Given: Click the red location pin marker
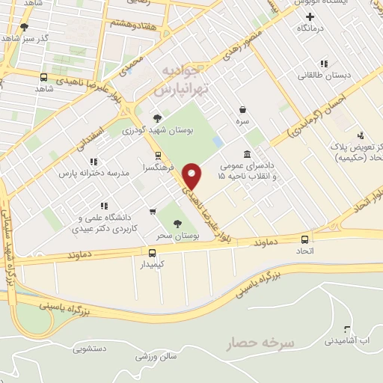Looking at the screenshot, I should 193,175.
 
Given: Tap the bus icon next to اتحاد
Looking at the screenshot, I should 304,239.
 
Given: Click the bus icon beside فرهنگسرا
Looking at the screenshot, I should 158,156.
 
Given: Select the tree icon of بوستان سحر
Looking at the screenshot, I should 177,223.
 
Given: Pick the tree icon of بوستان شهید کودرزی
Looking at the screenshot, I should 157,117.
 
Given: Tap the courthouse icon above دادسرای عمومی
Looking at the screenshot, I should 246,153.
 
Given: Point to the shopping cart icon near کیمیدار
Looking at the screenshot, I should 153,254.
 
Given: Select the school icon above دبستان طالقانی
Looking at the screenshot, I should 323,64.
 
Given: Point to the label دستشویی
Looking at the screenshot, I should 92,349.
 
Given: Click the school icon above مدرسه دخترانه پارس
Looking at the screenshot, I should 93,161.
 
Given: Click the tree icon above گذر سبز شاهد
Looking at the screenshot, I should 24,26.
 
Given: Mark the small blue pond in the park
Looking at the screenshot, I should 217,141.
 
